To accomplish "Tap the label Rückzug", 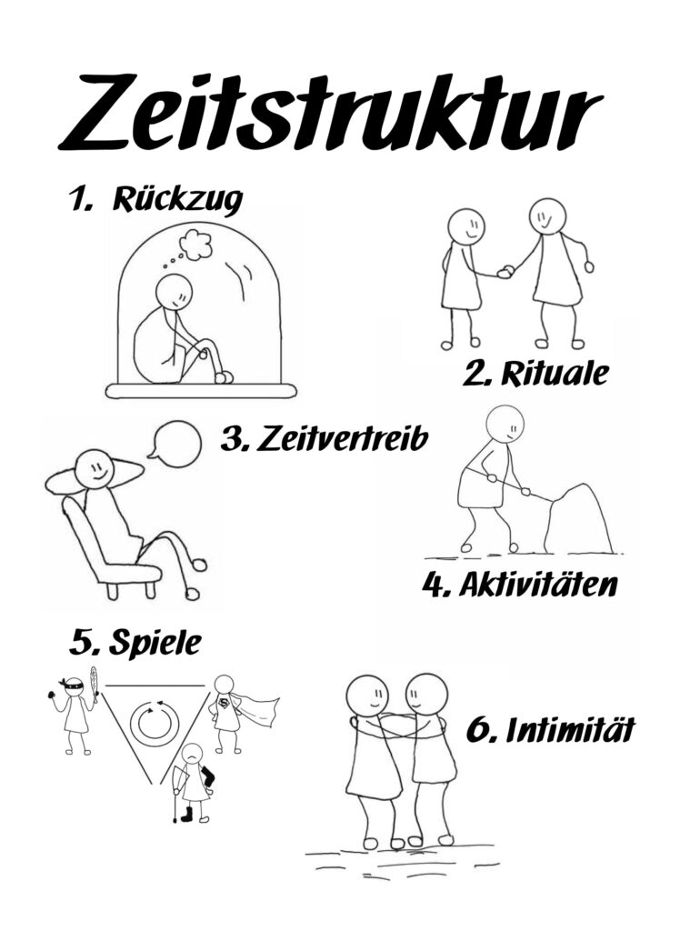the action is pyautogui.click(x=177, y=199).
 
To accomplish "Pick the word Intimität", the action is pyautogui.click(x=570, y=730).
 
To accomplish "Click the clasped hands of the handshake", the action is pyautogui.click(x=505, y=271).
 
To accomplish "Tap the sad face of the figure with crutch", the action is pyautogui.click(x=191, y=754).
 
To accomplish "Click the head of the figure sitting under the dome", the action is pyautogui.click(x=174, y=292).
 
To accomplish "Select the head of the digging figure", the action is pyautogui.click(x=505, y=425).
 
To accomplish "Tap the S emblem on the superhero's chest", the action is pyautogui.click(x=225, y=705).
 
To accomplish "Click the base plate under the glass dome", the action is pyautogui.click(x=201, y=390).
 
